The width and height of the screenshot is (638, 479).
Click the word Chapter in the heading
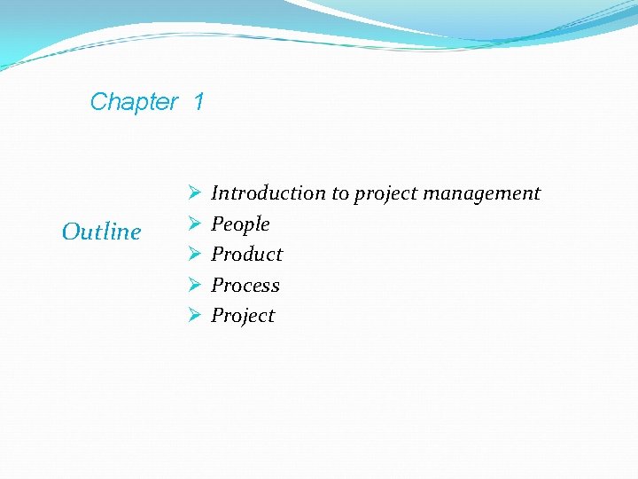click(134, 102)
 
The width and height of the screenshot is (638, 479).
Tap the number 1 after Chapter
click(198, 102)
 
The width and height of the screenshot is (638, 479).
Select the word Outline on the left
click(101, 232)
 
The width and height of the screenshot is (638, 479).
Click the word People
click(240, 224)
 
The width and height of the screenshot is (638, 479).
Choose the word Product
click(246, 255)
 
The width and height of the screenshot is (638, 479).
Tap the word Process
click(245, 286)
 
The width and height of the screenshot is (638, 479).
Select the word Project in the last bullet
click(243, 316)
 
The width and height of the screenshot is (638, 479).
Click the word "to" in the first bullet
click(340, 193)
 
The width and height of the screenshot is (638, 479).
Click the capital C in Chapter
click(98, 102)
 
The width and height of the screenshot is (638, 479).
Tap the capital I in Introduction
click(215, 193)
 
